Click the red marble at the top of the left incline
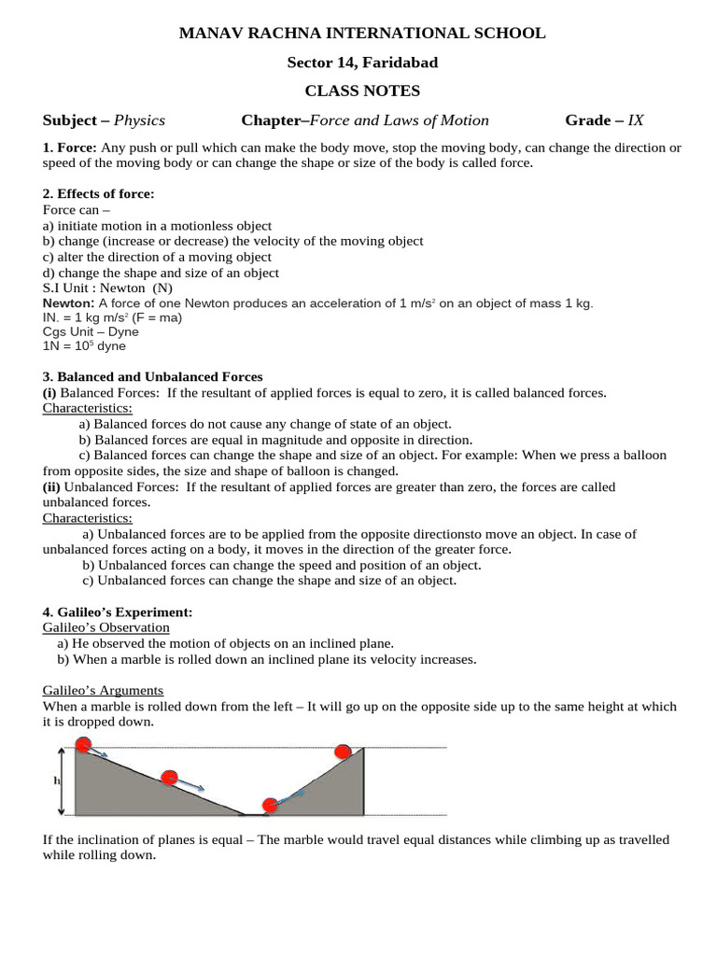[x=83, y=745]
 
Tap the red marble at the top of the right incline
[x=344, y=752]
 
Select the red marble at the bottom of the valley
[x=270, y=804]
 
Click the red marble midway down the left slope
[x=169, y=778]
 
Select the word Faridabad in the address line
[x=398, y=63]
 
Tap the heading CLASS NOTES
[x=362, y=91]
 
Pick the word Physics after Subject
[x=139, y=120]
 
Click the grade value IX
[x=636, y=120]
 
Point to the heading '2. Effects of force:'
[x=99, y=194]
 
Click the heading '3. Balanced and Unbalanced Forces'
[x=153, y=377]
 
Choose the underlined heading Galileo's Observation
[x=106, y=628]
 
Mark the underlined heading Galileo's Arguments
[x=104, y=691]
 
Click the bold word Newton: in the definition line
[x=68, y=303]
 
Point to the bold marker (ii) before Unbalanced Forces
[x=52, y=486]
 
